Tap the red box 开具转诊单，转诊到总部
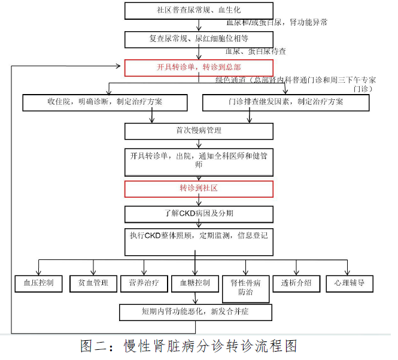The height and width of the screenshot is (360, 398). coord(199,68)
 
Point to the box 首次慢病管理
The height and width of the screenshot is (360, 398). coord(199,131)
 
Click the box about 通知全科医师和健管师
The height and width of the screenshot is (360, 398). coord(199,160)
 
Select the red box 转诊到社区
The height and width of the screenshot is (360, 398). coord(199,189)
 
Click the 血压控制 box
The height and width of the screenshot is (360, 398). coord(39,283)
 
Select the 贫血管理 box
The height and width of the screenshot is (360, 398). coord(93,283)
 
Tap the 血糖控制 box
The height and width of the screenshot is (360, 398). coord(195,283)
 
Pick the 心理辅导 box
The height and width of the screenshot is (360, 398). coord(345,283)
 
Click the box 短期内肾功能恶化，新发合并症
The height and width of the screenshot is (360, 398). coord(195,312)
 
